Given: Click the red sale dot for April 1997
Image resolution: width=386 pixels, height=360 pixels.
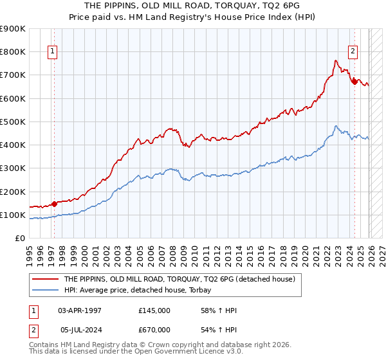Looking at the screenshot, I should (54, 204).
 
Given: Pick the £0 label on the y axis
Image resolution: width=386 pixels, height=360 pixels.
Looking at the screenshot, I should (19, 239).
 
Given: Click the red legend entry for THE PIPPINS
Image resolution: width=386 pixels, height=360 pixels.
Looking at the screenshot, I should (179, 279).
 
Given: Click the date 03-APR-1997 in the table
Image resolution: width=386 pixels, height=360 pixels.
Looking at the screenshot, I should (80, 310).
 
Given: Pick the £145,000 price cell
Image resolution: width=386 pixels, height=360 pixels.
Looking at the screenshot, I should (154, 310).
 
